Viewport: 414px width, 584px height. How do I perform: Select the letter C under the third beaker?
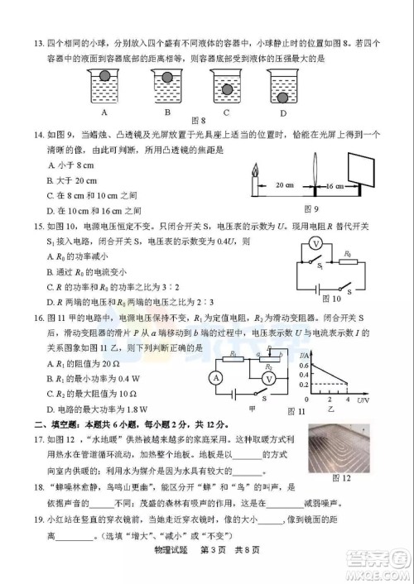click(x=225, y=112)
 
